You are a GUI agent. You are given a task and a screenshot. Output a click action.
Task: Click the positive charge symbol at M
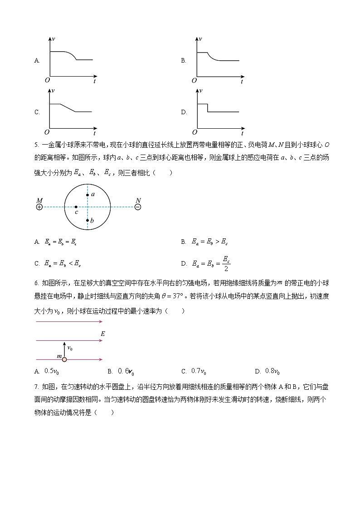tap(39, 207)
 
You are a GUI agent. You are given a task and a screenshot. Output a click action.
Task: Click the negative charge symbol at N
tap(138, 207)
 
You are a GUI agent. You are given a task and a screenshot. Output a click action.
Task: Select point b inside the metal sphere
tap(88, 220)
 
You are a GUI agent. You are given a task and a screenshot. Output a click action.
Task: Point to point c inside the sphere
tap(76, 207)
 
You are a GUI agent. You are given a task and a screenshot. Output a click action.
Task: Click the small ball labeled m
tap(64, 359)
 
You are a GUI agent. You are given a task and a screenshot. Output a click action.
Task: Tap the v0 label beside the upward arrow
tap(70, 348)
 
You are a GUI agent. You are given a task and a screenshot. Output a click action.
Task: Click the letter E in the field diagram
tap(103, 334)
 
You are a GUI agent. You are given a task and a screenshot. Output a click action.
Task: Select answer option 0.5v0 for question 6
tap(52, 371)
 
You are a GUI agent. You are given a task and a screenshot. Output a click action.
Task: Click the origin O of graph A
tap(47, 80)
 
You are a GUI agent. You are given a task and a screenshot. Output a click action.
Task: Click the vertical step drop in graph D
tap(208, 108)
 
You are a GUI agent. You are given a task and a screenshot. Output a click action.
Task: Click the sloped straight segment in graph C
tap(67, 108)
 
